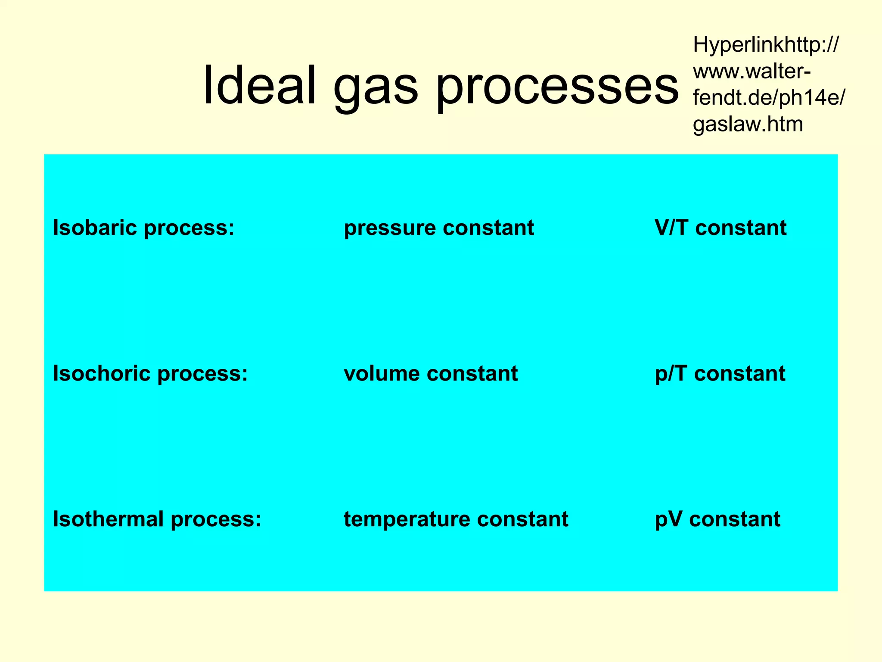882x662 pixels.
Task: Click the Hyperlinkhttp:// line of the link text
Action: coord(766,45)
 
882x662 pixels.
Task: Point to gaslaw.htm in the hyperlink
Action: coord(748,124)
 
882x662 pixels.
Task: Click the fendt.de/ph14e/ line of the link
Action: coord(769,98)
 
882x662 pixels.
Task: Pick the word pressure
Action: coord(390,228)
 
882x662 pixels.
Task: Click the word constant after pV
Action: coord(735,519)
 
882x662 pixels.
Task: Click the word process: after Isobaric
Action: coord(189,228)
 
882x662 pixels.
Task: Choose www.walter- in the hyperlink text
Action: coord(752,72)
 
